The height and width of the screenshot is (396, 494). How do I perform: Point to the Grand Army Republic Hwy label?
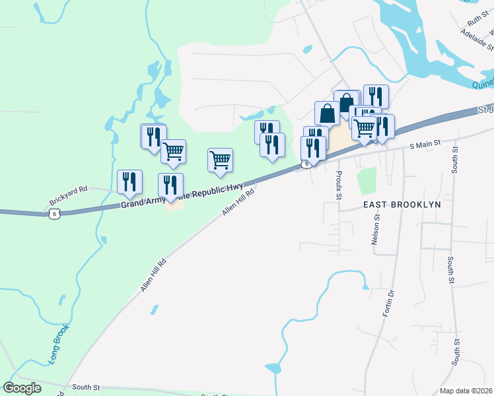pyautogui.click(x=182, y=196)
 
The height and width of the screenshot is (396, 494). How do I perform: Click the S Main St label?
pyautogui.click(x=424, y=145)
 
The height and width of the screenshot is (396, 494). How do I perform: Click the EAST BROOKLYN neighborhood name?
pyautogui.click(x=402, y=205)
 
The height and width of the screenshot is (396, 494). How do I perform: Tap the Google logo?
pyautogui.click(x=22, y=388)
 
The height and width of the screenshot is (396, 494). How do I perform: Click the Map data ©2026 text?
pyautogui.click(x=466, y=391)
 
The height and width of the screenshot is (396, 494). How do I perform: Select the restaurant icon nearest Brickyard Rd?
pyautogui.click(x=129, y=181)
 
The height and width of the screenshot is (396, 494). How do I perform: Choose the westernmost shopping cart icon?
pyautogui.click(x=173, y=150)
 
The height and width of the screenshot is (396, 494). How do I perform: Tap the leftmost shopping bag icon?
pyautogui.click(x=327, y=112)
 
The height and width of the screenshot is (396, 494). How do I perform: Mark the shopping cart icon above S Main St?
pyautogui.click(x=365, y=127)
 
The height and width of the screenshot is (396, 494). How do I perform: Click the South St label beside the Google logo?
pyautogui.click(x=86, y=387)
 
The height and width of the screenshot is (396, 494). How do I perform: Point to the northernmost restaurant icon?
pyautogui.click(x=375, y=96)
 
